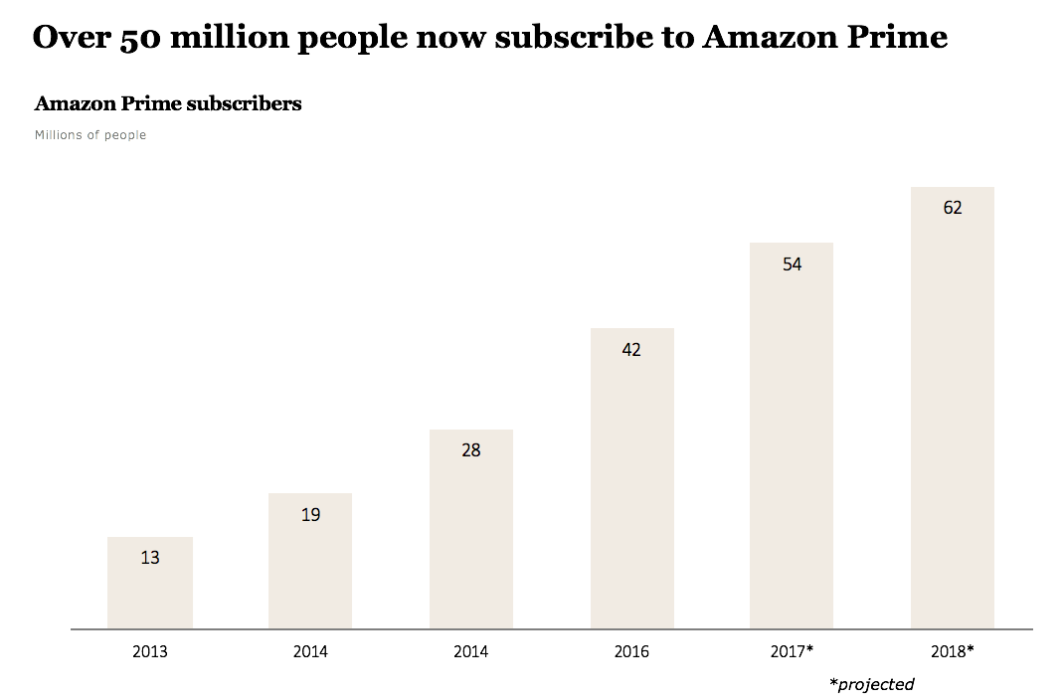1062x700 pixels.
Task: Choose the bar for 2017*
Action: (792, 447)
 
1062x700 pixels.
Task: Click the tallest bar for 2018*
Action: (952, 418)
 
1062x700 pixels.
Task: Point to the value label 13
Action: (149, 558)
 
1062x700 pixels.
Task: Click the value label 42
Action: (631, 350)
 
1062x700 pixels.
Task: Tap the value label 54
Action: (792, 264)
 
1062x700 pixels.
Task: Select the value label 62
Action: (952, 209)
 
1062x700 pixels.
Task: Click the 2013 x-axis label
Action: (149, 652)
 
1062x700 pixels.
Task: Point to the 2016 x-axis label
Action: (631, 652)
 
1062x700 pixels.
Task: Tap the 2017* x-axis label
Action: (792, 652)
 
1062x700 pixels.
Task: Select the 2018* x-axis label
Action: (952, 652)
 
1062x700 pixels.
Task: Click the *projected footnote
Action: (871, 684)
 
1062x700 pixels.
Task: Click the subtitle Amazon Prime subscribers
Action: (168, 103)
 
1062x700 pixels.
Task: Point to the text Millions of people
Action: (90, 135)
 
